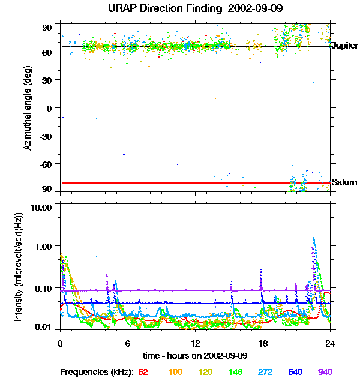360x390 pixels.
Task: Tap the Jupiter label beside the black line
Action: [345, 46]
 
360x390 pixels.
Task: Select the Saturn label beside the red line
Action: [344, 182]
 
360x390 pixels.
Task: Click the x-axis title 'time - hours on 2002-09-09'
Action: [194, 356]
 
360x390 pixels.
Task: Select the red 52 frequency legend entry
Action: [143, 372]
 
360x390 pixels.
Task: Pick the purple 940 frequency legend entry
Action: [325, 372]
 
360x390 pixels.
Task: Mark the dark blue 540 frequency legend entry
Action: [295, 372]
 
